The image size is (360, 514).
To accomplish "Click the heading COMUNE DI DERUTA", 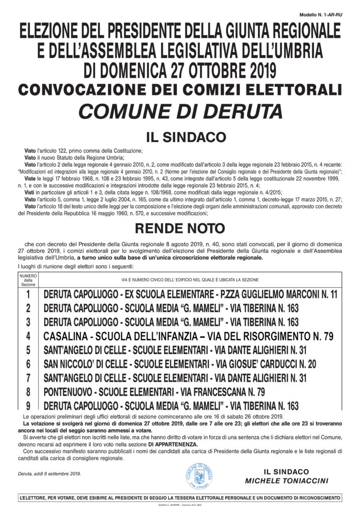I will coord(179,110).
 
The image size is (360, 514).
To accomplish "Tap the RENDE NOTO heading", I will coord(179,229).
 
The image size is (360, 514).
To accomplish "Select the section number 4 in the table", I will coord(29,336).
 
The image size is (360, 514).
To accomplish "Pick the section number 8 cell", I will coord(29,391).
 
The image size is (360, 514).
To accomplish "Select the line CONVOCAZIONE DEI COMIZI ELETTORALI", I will coord(179,90).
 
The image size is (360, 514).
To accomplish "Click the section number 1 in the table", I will coord(29,295).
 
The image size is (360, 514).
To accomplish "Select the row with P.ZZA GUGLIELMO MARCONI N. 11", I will coord(190,295).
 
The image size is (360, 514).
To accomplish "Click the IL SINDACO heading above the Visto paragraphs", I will coord(179,137).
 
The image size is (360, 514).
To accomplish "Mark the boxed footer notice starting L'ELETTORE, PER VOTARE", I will coord(179,498).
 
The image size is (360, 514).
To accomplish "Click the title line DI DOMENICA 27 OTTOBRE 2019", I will coord(179,69).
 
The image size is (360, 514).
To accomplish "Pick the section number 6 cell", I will coord(29,363).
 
